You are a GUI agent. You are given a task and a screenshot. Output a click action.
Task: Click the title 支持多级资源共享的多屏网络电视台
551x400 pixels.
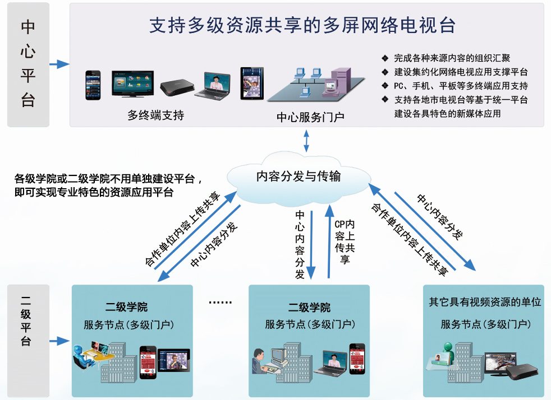[302, 25]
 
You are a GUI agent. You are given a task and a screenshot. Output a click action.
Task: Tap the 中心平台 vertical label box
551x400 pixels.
[28, 64]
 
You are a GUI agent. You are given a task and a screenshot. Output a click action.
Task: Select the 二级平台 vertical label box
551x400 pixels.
[28, 341]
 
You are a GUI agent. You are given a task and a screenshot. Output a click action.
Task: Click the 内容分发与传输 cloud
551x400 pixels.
[299, 178]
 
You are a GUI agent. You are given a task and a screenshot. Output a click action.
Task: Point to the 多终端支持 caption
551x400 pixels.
[155, 115]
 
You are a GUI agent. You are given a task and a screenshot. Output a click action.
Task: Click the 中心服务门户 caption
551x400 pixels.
[310, 117]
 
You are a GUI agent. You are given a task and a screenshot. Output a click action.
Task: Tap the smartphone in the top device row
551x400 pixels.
[93, 85]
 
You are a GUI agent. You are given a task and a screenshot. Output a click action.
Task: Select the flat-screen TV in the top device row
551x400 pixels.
[133, 83]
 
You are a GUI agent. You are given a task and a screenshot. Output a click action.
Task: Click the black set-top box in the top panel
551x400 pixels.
[177, 87]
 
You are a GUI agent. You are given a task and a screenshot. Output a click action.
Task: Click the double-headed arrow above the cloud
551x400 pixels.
[306, 141]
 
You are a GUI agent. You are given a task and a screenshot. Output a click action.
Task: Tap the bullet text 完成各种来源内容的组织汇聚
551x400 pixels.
[452, 58]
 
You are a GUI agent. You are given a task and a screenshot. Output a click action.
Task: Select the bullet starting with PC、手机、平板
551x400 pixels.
[461, 86]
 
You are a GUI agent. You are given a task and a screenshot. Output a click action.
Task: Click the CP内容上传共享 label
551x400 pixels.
[345, 241]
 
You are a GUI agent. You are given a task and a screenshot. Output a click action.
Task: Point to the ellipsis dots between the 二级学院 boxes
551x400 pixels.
[221, 302]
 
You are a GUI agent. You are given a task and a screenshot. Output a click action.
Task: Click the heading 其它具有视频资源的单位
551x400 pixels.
[485, 302]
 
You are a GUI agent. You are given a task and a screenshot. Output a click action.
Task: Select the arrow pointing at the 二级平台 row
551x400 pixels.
[59, 341]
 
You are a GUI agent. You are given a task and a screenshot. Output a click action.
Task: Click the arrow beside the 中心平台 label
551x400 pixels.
[59, 64]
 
